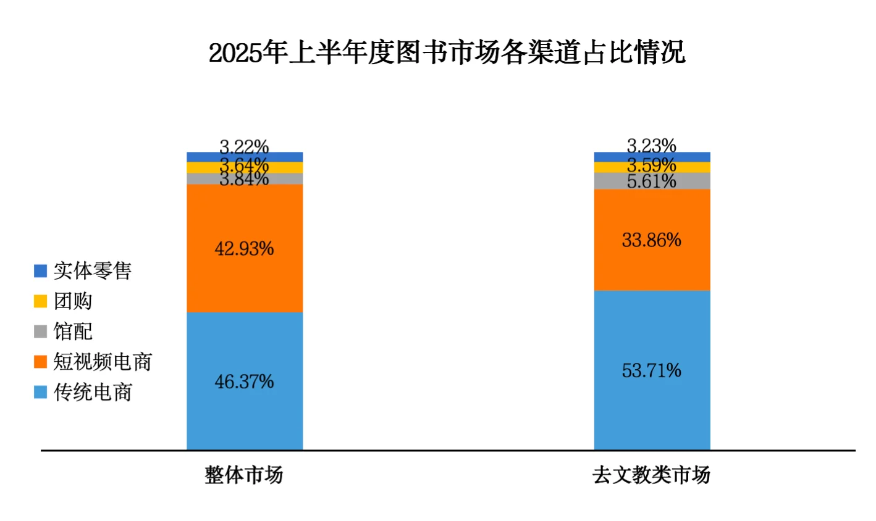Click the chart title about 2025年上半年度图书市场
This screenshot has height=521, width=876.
[447, 53]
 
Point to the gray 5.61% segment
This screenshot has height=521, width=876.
[652, 181]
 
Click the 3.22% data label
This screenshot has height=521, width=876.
[244, 147]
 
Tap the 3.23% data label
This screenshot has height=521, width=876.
[652, 146]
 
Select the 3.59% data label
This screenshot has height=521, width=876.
[652, 165]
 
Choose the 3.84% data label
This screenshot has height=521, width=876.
[244, 179]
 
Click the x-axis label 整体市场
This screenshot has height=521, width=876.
[244, 475]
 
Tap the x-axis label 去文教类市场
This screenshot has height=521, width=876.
[651, 475]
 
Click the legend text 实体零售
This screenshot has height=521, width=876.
[93, 270]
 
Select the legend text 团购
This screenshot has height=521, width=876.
[73, 301]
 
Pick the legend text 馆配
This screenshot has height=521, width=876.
[73, 331]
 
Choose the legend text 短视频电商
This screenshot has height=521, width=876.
[103, 362]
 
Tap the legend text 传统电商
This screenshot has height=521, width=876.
[93, 392]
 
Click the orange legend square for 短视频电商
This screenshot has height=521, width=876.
[41, 362]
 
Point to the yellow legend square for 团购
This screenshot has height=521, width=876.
[41, 301]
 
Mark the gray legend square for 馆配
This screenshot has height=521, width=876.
[41, 331]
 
